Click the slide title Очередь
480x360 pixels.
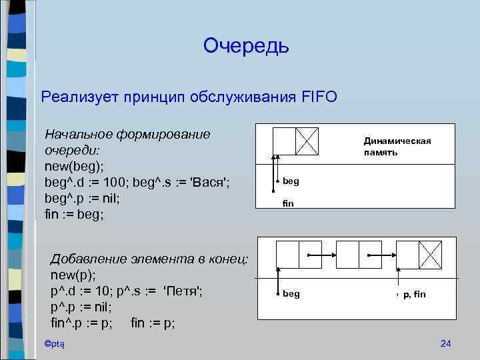point(246,45)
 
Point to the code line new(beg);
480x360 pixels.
point(74,166)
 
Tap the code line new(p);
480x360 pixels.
point(69,275)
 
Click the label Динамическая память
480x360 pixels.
point(397,146)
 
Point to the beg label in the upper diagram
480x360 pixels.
point(291,181)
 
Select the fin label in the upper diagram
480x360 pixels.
point(287,203)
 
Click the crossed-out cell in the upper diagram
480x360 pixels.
point(307,141)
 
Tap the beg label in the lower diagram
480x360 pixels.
point(291,293)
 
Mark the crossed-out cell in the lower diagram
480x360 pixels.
point(430,254)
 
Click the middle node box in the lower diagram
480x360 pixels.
point(359,254)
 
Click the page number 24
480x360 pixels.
point(446,343)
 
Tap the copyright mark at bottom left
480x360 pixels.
point(50,343)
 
